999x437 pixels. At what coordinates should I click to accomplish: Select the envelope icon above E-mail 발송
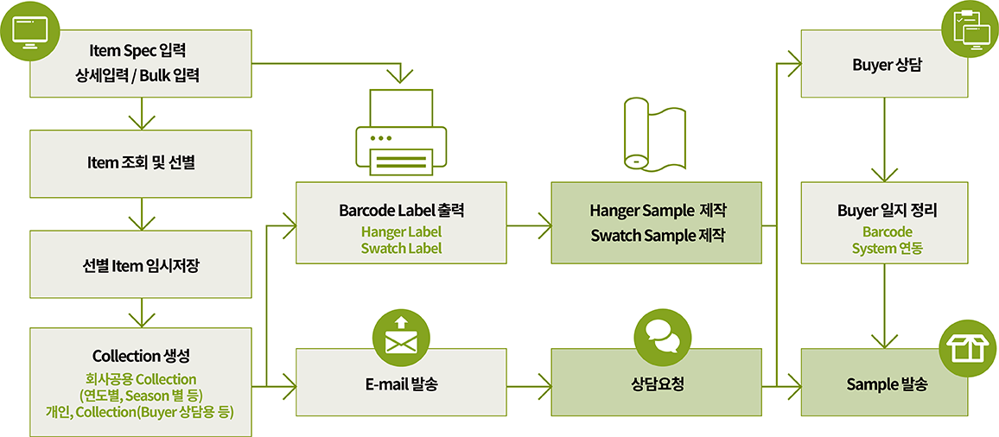(401, 338)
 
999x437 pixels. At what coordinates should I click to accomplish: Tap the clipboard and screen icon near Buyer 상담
(970, 28)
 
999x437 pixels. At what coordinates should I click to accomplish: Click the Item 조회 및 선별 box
(141, 163)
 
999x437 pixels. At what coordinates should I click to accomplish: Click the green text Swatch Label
(401, 248)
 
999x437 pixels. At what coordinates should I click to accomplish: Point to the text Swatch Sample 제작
(658, 235)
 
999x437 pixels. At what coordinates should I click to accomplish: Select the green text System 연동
(888, 248)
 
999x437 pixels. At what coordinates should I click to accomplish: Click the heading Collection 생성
(141, 356)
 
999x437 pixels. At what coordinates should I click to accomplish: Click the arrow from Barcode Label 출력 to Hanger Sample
(529, 227)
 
